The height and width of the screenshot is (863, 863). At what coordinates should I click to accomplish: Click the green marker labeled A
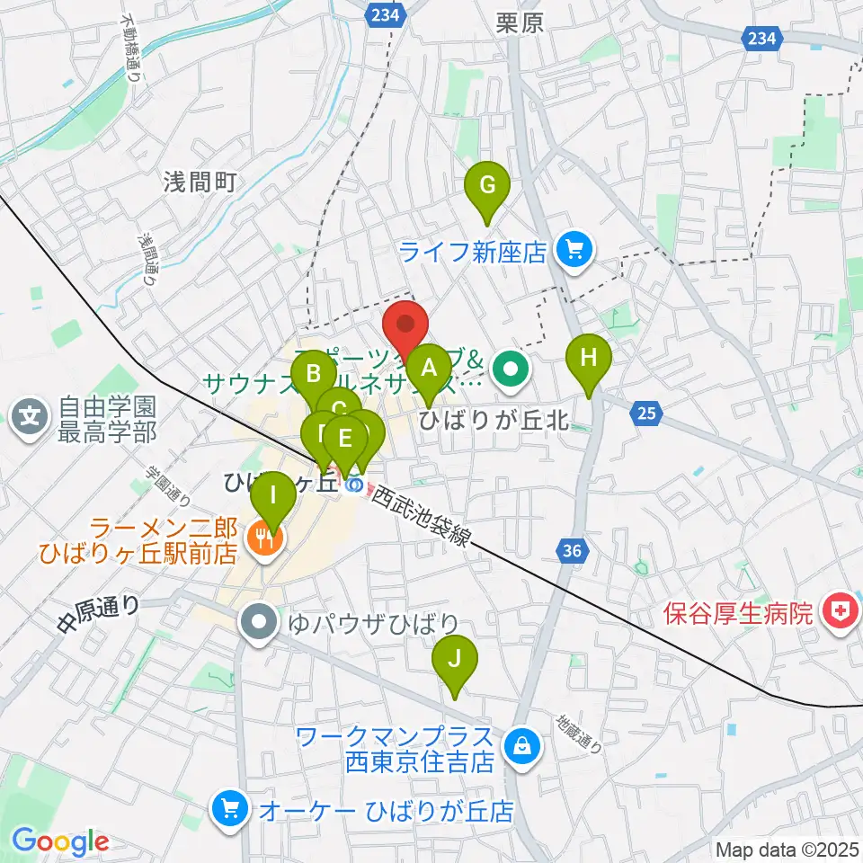pyautogui.click(x=429, y=369)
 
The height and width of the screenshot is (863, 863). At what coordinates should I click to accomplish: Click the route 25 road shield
pyautogui.click(x=646, y=414)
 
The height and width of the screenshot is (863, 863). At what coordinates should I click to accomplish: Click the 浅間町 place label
pyautogui.click(x=200, y=182)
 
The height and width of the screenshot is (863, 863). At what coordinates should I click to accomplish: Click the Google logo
pyautogui.click(x=59, y=841)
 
